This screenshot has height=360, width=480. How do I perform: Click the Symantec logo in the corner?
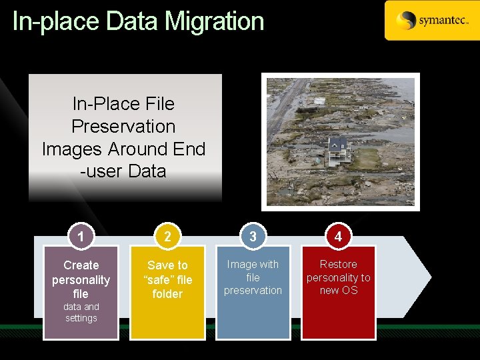click(x=431, y=21)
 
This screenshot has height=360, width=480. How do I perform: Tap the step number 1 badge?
click(x=81, y=237)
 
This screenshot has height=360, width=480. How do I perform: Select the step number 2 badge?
click(x=167, y=237)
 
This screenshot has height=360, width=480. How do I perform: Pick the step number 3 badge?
click(x=253, y=237)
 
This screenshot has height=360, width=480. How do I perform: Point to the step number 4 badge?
click(x=339, y=237)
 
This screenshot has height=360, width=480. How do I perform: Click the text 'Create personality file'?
click(x=81, y=279)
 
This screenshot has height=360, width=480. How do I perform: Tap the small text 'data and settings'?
click(x=81, y=312)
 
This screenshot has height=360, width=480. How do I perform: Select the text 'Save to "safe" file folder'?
click(x=167, y=279)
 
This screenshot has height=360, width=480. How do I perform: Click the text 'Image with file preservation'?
click(x=253, y=277)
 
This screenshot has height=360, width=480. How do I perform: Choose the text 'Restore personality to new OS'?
click(x=339, y=277)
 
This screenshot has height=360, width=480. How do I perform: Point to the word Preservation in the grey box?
click(x=123, y=126)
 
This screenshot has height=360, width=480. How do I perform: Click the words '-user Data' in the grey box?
click(x=123, y=171)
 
